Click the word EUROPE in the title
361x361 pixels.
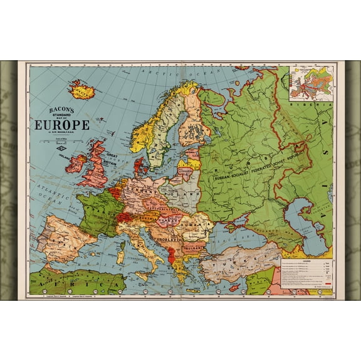click(65, 125)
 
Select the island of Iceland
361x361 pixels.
click(81, 92)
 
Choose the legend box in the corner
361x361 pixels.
click(305, 275)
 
